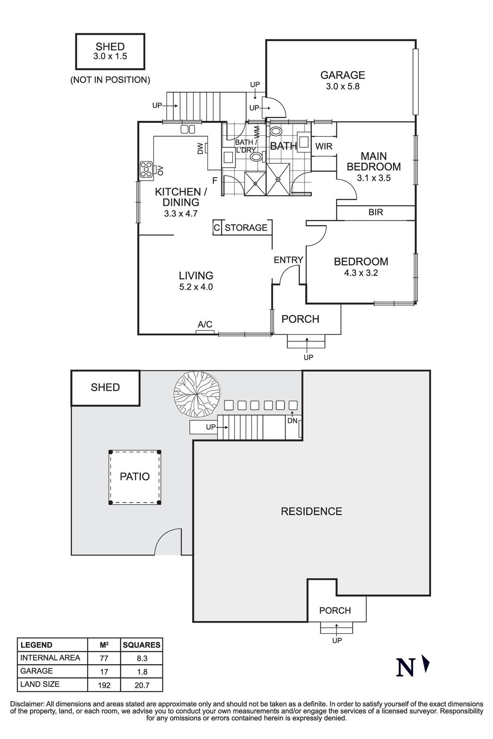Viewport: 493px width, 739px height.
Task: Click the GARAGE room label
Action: pos(342,75)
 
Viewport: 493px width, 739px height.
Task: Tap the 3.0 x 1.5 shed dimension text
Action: pos(110,56)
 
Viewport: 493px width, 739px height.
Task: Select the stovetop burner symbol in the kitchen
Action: pos(147,170)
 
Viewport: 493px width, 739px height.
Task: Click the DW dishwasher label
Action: pos(200,148)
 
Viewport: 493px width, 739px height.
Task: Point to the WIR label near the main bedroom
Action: pos(323,146)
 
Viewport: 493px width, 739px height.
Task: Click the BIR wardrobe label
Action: pos(375,212)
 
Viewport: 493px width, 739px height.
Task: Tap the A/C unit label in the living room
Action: pos(205,325)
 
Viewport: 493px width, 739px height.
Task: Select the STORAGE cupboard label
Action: pos(246,228)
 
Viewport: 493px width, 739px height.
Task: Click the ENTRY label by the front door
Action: pos(288,260)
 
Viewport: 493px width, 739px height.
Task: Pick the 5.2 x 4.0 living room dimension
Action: pos(196,287)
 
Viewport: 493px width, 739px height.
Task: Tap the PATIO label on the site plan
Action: pos(134,477)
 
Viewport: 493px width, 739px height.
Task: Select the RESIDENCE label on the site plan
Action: pos(311,511)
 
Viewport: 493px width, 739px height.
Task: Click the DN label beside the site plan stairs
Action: pos(292,421)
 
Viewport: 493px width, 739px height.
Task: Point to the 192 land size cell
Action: pos(104,685)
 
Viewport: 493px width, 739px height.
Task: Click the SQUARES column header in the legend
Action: pos(141,645)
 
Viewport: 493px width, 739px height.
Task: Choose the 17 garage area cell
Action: pos(104,672)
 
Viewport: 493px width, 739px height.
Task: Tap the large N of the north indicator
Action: pos(405,667)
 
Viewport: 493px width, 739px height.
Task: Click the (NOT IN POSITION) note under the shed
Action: pos(110,80)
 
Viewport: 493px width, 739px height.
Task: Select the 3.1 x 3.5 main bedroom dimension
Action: pos(373,178)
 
